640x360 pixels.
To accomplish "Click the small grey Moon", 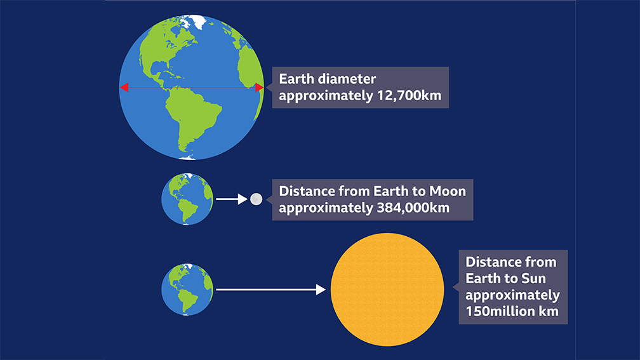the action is (256, 199).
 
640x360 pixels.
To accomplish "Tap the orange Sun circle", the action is (387, 290).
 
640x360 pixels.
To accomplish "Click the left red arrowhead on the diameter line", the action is (124, 88).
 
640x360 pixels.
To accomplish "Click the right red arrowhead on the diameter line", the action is (259, 88).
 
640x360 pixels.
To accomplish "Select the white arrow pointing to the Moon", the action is (231, 199).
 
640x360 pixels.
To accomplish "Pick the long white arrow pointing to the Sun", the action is (270, 290).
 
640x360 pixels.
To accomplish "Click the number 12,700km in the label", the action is (409, 95).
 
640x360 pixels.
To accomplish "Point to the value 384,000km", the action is (413, 208).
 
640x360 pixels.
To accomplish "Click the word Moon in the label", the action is (448, 191).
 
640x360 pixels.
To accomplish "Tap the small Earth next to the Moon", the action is (187, 199).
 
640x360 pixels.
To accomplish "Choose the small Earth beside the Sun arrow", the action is (187, 290).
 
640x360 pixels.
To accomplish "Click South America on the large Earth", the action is (192, 118).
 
